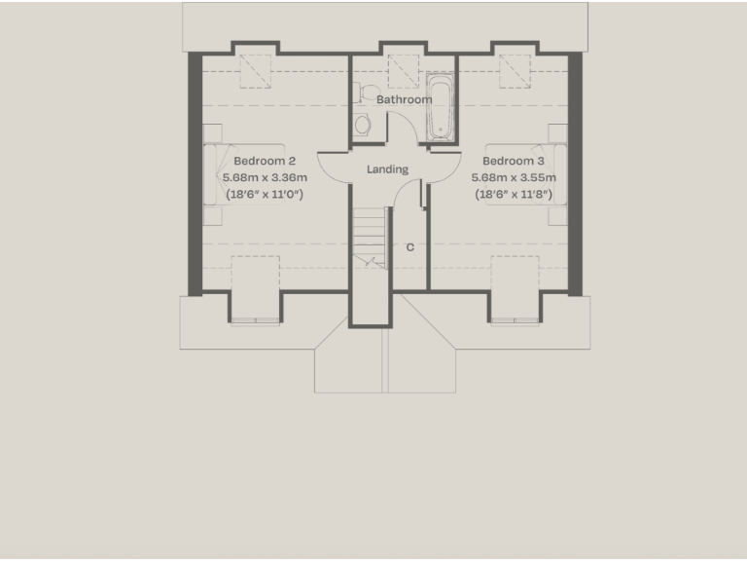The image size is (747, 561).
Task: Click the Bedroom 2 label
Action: tap(265, 161)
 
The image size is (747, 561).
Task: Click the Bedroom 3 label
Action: tap(514, 161)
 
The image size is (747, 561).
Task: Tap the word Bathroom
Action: tap(404, 99)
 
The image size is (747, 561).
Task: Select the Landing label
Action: tap(387, 169)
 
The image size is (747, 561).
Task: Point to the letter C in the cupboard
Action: tap(409, 247)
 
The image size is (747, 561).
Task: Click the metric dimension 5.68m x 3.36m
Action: tap(265, 177)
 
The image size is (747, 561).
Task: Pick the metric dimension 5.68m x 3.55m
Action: tap(514, 177)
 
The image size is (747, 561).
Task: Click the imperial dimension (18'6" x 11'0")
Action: tap(265, 194)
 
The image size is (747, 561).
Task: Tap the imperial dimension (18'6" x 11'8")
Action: tap(514, 194)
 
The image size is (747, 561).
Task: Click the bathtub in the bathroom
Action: tap(440, 109)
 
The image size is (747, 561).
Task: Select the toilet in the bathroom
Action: tap(363, 125)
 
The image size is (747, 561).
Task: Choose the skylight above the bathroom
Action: tap(402, 69)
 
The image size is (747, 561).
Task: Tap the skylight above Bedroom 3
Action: tap(516, 69)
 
